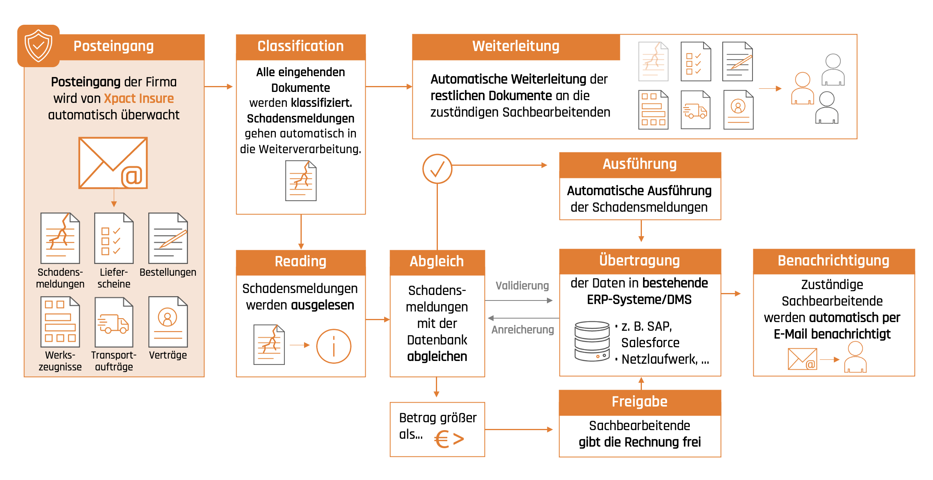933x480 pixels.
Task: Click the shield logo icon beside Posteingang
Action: click(x=38, y=46)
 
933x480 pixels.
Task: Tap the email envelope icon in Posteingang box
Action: click(x=113, y=163)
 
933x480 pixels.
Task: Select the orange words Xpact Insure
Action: click(x=138, y=98)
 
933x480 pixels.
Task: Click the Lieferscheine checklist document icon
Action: click(x=114, y=238)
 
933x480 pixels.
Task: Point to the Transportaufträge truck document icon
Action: click(x=114, y=322)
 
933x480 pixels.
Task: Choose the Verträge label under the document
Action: click(x=168, y=355)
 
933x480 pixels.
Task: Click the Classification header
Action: click(x=301, y=46)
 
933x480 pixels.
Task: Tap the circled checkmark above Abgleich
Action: click(x=437, y=169)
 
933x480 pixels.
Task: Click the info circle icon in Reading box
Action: click(x=333, y=346)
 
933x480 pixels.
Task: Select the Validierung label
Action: click(x=522, y=286)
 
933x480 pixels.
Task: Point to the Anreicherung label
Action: click(x=523, y=330)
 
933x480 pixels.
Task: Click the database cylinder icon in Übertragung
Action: click(x=592, y=341)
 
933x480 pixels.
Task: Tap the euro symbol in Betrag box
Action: click(x=442, y=439)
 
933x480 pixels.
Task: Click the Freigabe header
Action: click(x=640, y=402)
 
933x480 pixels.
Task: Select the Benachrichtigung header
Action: click(x=833, y=261)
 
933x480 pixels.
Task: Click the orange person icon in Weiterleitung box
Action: click(x=802, y=88)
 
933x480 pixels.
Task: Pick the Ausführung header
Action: click(x=640, y=164)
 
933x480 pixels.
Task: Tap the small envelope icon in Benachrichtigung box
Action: click(x=802, y=359)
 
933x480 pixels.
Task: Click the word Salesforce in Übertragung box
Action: click(x=650, y=343)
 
